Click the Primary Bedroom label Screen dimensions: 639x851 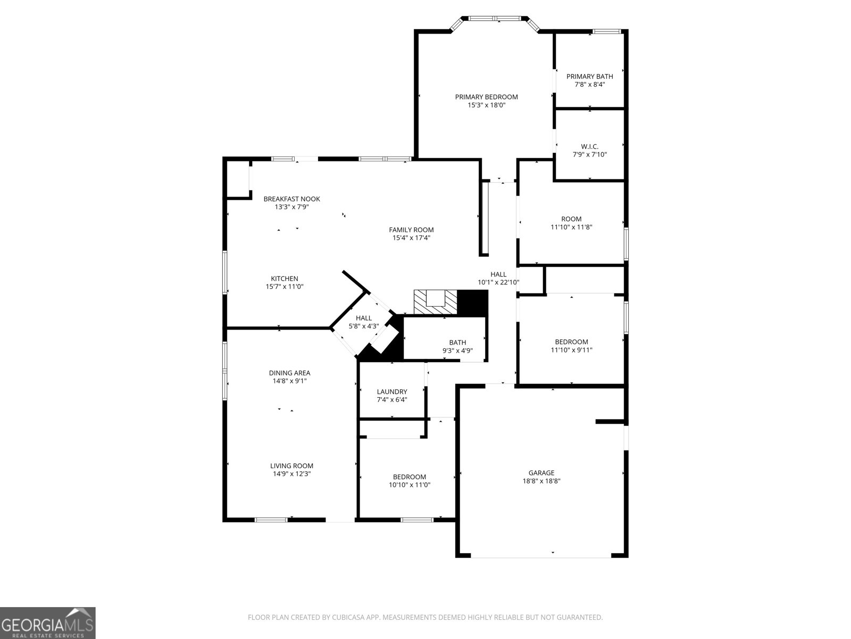click(486, 97)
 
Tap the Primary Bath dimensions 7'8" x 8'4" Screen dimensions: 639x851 click(589, 84)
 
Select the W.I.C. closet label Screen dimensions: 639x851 click(589, 146)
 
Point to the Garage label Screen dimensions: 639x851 click(541, 473)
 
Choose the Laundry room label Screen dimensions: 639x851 click(391, 392)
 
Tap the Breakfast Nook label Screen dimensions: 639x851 click(291, 199)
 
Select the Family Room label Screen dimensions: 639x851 click(411, 230)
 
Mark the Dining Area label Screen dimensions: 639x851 click(289, 373)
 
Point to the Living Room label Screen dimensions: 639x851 click(291, 466)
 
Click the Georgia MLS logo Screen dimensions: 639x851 click(48, 622)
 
